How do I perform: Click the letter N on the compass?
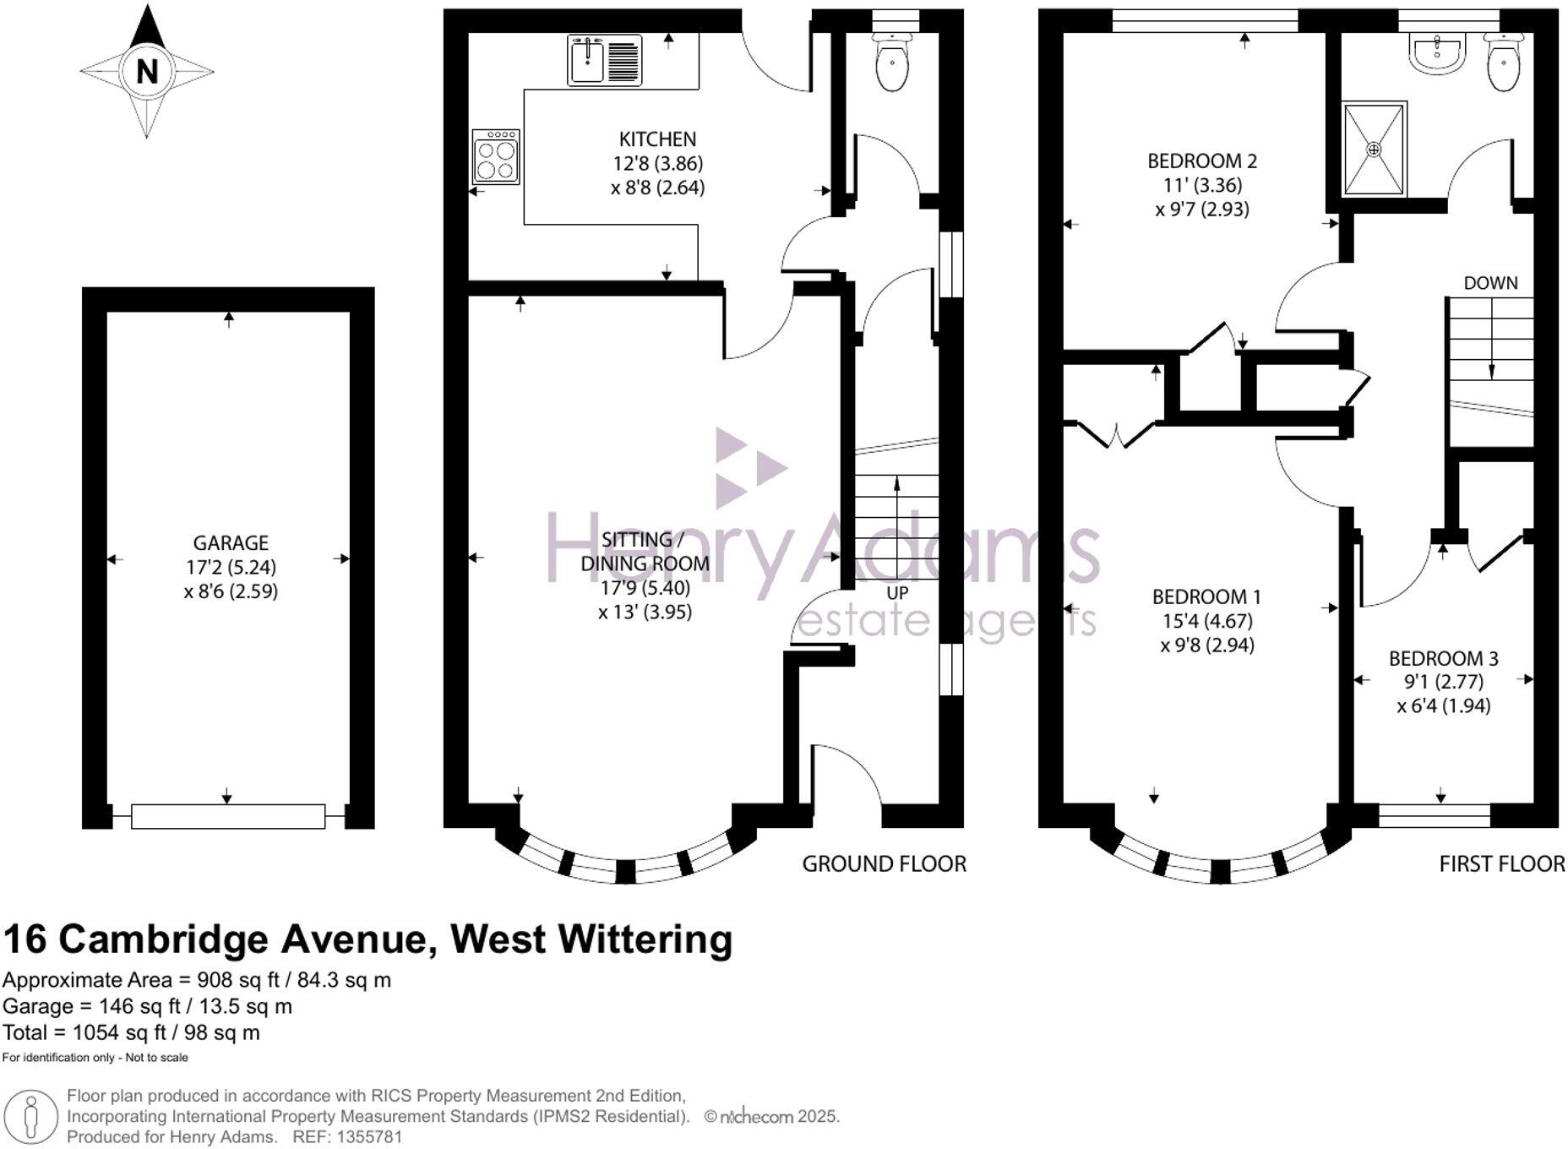147,71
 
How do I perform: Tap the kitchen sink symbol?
604,60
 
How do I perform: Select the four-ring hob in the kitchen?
496,157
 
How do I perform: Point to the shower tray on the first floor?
1375,149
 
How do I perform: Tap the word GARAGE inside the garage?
231,543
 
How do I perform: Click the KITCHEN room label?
657,139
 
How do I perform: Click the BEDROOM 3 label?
1444,658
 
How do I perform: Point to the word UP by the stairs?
897,593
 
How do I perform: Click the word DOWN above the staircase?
1490,283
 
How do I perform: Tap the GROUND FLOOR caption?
884,863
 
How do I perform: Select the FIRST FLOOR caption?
1501,863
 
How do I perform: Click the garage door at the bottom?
228,816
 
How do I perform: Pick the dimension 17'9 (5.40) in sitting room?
645,587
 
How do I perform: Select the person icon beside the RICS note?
31,1117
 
